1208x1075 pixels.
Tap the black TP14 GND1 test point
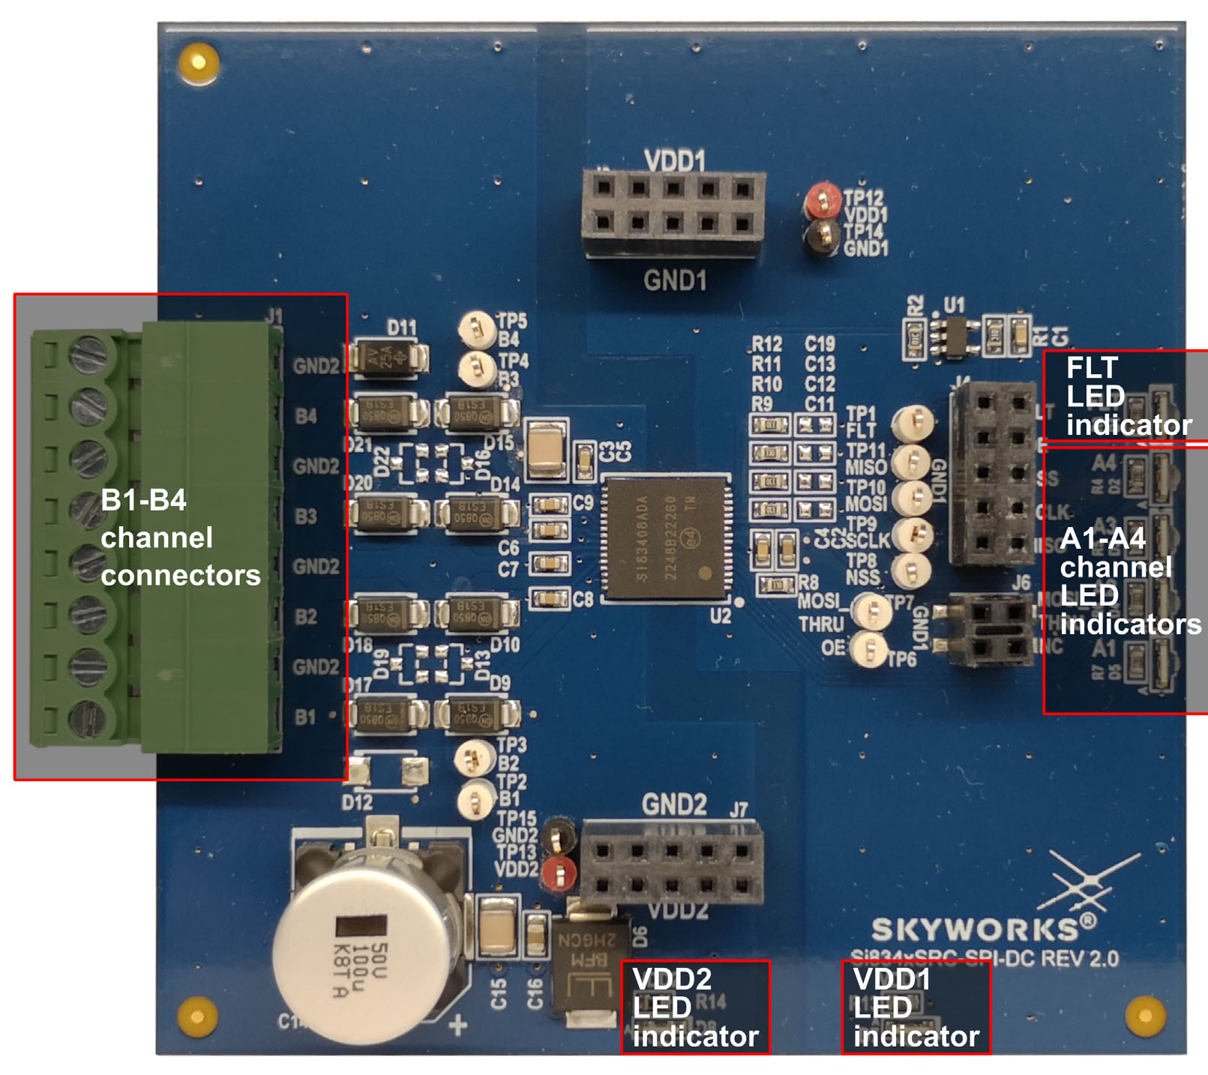[x=823, y=236]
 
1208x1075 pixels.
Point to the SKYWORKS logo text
[x=975, y=930]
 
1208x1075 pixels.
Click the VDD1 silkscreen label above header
[x=674, y=160]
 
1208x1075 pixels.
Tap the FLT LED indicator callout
[x=1125, y=396]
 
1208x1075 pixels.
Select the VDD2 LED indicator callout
[x=695, y=1008]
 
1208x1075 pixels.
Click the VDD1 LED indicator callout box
[x=916, y=1008]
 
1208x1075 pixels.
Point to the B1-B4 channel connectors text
[x=180, y=537]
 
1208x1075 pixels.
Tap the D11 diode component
[x=390, y=357]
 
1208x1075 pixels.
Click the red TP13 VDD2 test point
[x=558, y=873]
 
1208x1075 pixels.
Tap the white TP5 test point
[x=475, y=328]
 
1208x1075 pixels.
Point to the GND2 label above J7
[x=673, y=805]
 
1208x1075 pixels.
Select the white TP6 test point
[x=870, y=648]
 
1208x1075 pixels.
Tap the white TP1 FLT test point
[x=912, y=424]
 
